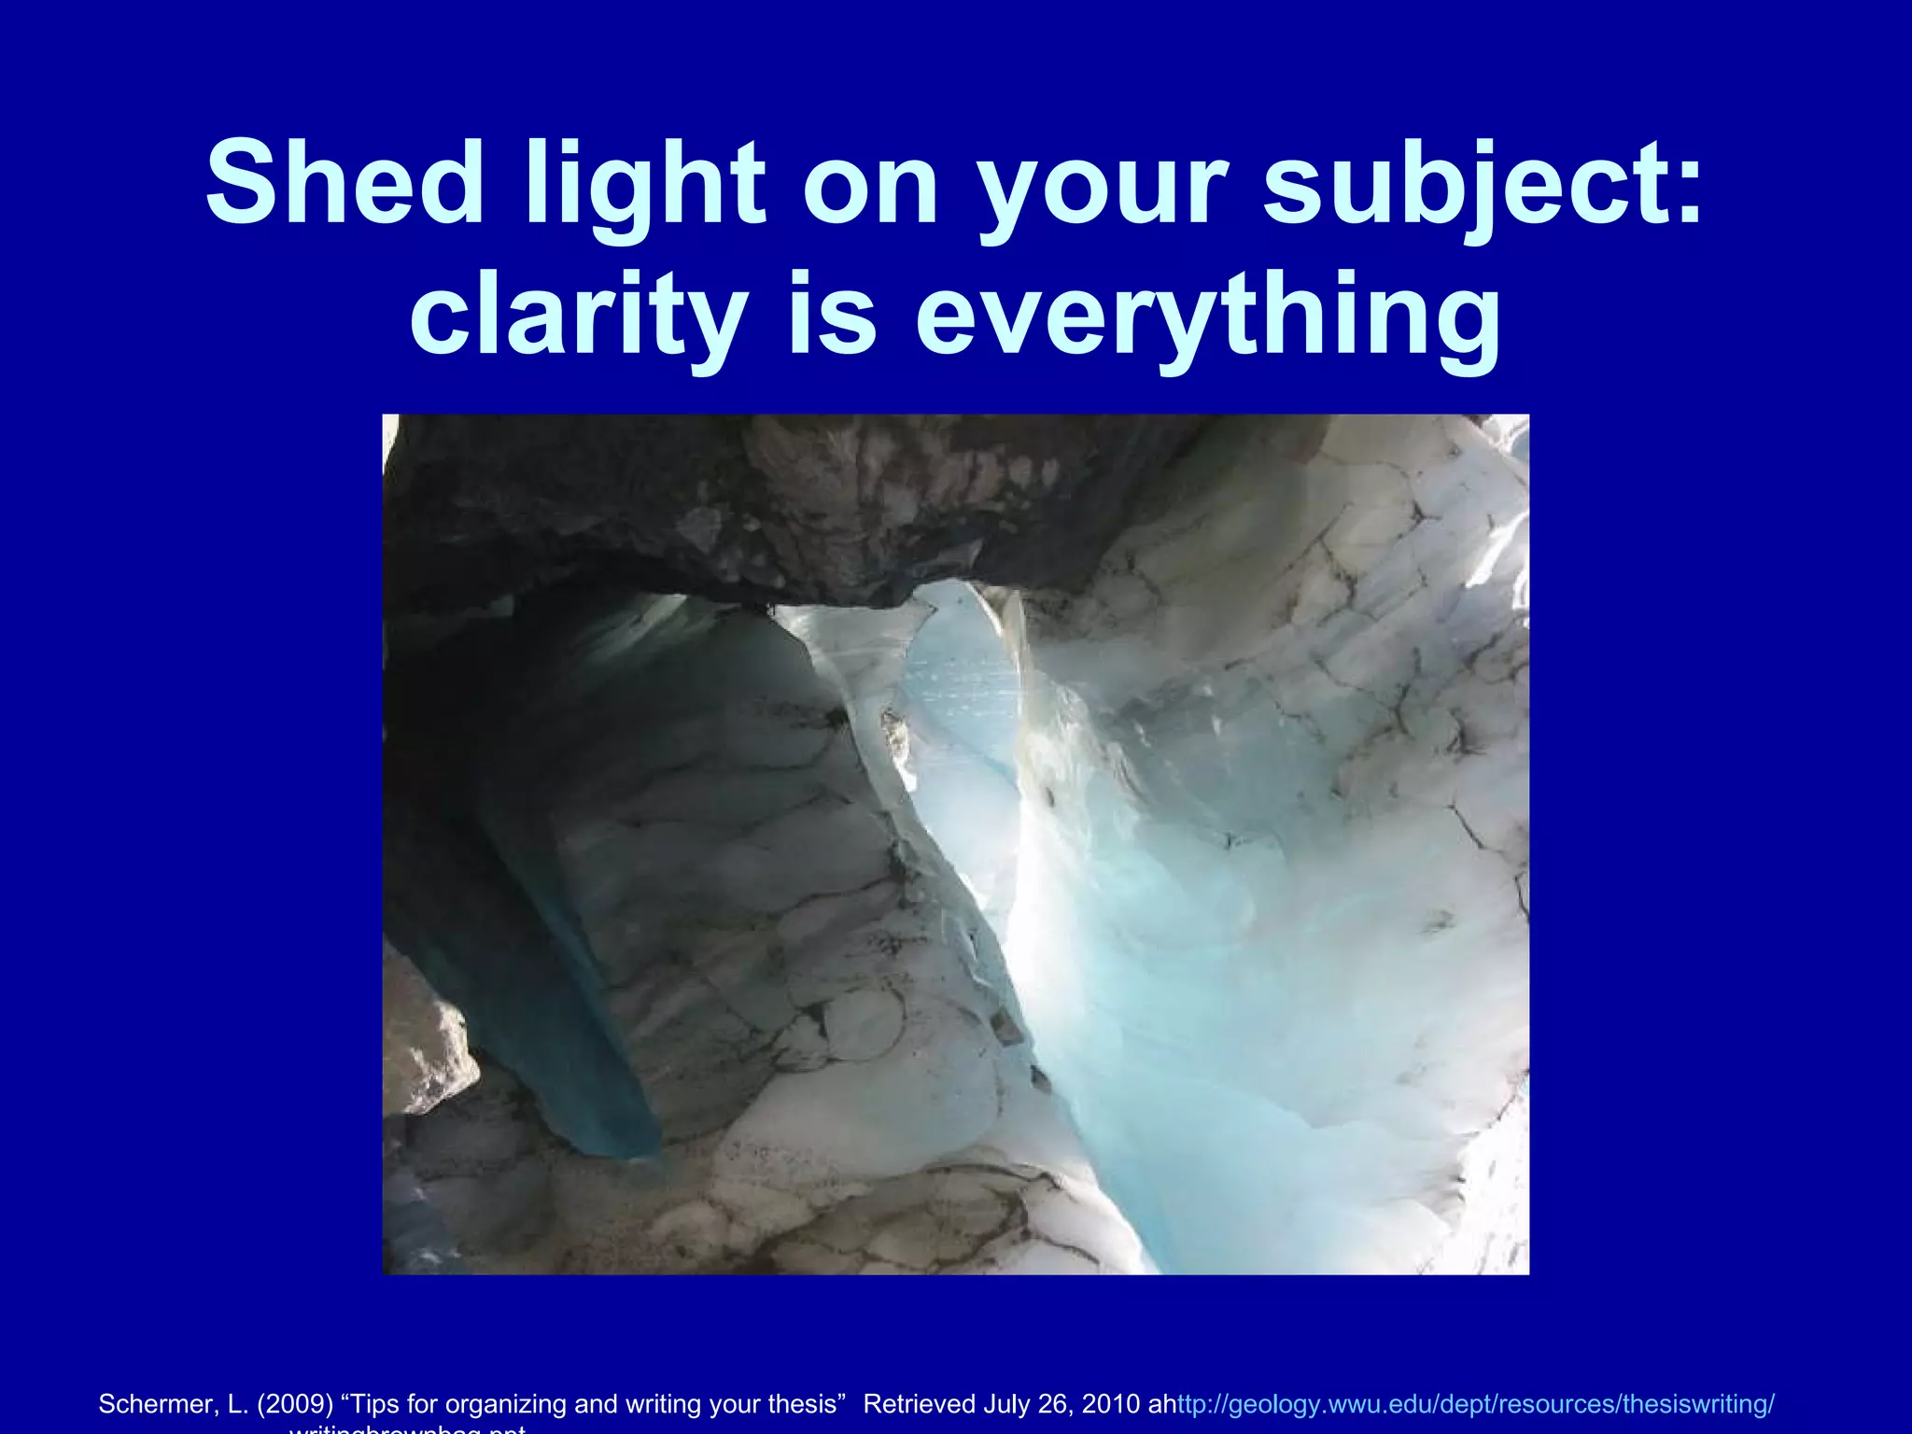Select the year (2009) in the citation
295,1403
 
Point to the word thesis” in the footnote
806,1403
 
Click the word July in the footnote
1005,1403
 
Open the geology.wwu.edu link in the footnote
1475,1403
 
